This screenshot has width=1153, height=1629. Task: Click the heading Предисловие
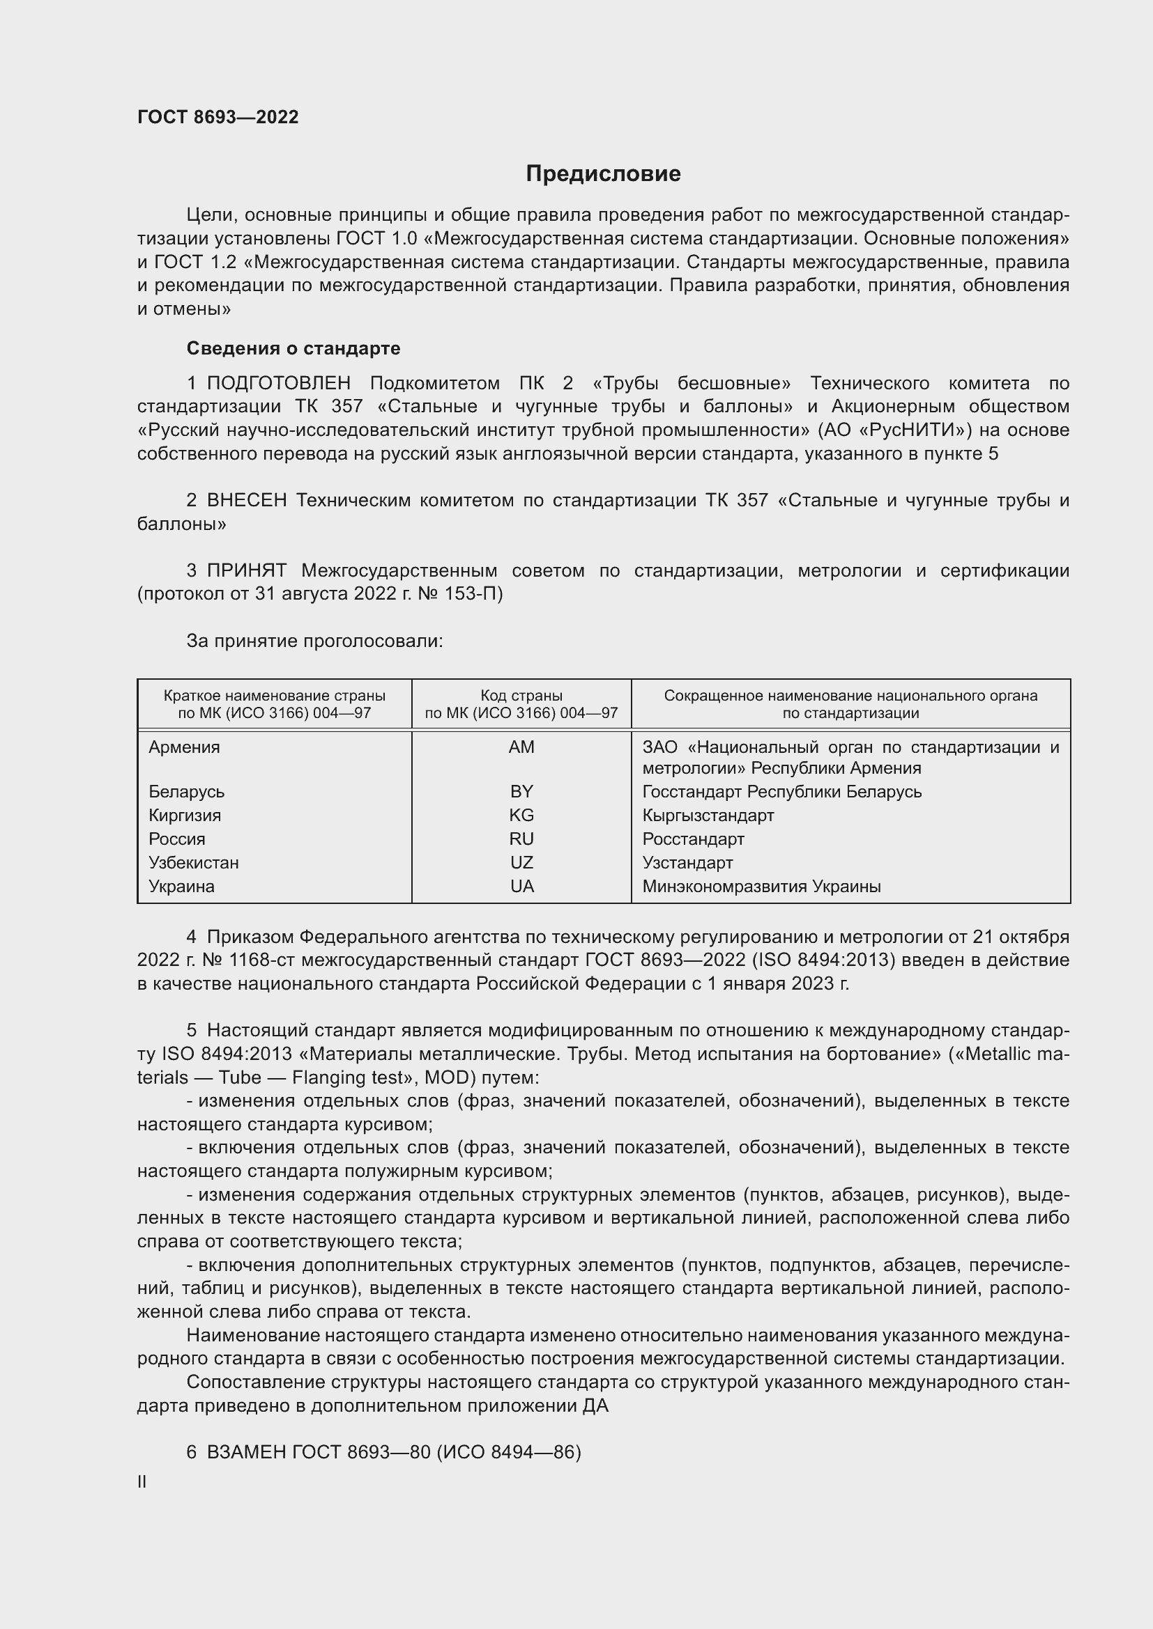(x=603, y=174)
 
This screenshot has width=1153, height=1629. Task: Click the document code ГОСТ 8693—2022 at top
(x=218, y=117)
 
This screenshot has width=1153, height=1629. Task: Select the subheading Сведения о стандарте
(x=293, y=348)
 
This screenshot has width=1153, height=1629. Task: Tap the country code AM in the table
(x=521, y=747)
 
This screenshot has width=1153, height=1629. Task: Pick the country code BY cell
(x=521, y=791)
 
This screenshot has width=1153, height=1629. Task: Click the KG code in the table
(x=521, y=816)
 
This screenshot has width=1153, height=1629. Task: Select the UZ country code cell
(x=521, y=863)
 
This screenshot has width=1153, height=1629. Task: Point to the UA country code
(x=521, y=886)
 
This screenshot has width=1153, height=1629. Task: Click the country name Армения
(x=184, y=747)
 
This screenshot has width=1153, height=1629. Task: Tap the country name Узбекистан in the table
(x=193, y=863)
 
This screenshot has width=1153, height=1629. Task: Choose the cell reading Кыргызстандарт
(x=708, y=816)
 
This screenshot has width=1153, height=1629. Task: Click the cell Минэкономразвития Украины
(x=761, y=886)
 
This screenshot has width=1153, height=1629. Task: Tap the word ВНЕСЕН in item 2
(x=246, y=501)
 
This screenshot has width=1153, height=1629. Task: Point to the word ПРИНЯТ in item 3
(x=246, y=570)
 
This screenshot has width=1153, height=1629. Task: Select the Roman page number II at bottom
(x=142, y=1482)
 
